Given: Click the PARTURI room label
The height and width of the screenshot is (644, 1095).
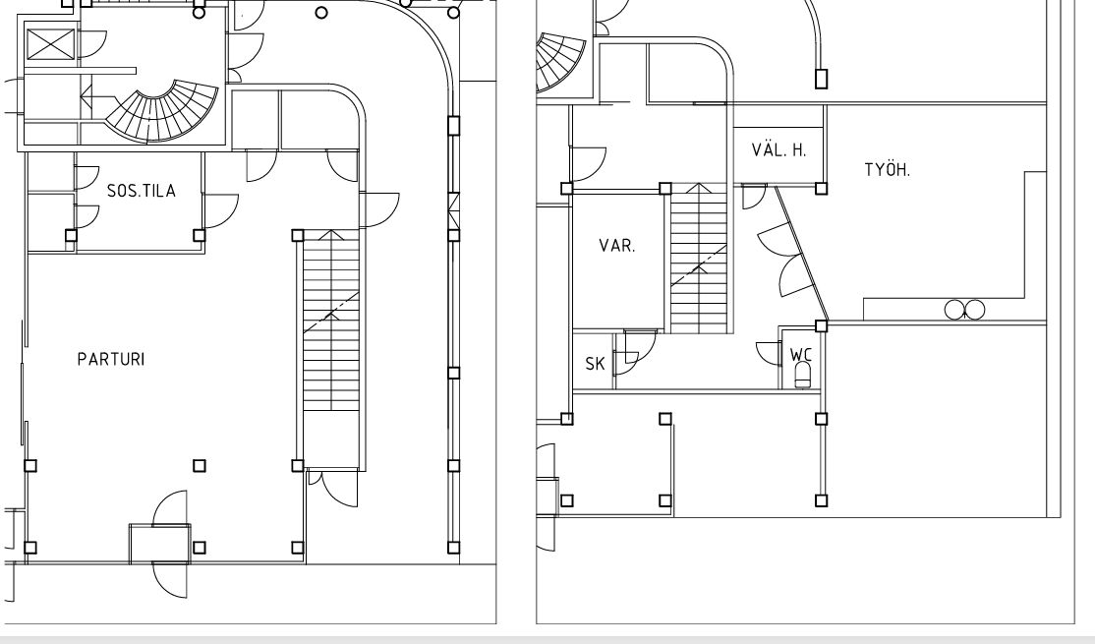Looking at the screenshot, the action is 111,359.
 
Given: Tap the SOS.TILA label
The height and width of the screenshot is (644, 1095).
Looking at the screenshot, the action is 142,191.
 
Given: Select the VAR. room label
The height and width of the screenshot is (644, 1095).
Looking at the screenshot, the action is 617,246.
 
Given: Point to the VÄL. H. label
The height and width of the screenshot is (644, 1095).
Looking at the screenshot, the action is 778,149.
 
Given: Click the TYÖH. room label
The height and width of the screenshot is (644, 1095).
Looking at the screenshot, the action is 888,170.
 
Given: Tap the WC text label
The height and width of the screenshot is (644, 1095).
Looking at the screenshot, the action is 801,354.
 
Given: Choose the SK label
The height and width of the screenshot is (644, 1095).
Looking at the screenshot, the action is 595,363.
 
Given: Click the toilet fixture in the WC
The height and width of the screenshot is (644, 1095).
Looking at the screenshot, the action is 803,375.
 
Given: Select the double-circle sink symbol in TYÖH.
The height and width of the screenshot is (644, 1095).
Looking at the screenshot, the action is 964,310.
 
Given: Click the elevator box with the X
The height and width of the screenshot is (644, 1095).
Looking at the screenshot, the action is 50,44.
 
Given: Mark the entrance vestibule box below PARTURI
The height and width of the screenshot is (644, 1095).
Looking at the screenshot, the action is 160,544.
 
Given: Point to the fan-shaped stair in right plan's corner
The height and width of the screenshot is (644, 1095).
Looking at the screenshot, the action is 560,63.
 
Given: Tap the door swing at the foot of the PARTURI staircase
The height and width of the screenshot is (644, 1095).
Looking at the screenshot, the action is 334,489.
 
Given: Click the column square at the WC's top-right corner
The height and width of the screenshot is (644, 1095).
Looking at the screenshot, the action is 822,326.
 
